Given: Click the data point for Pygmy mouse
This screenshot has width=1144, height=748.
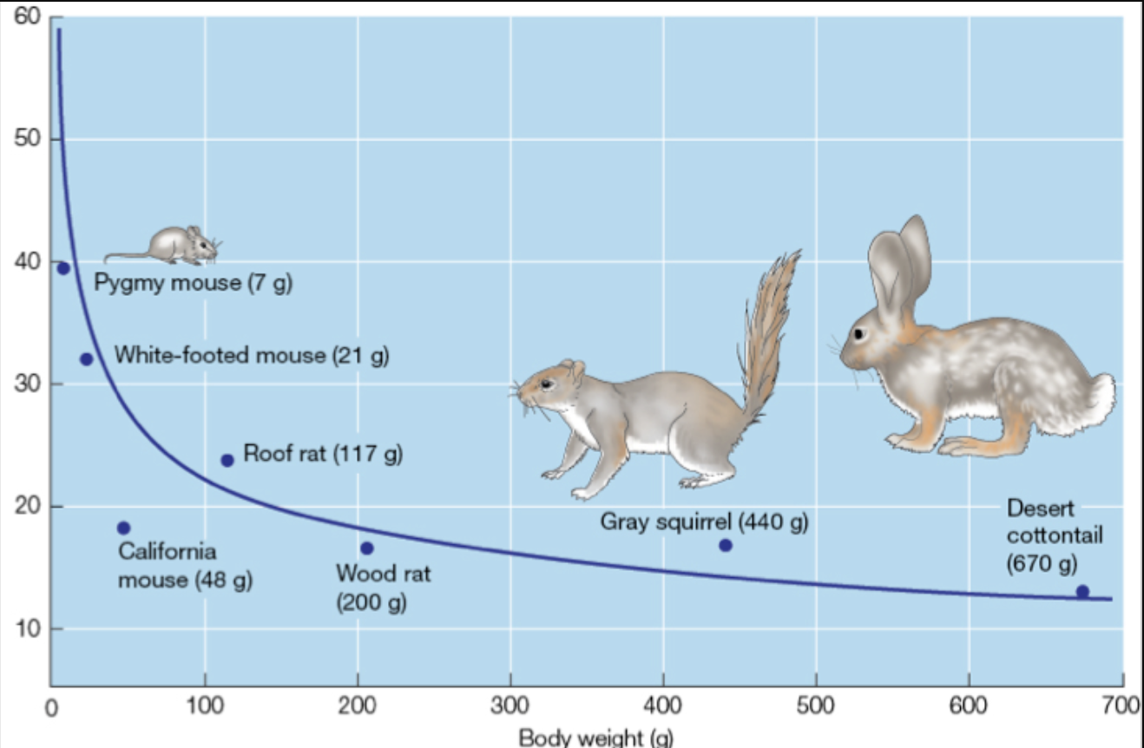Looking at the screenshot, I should coord(62,267).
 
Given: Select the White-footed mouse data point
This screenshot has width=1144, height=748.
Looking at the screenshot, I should coord(86,359).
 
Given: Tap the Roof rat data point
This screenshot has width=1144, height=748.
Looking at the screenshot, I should coord(227,460).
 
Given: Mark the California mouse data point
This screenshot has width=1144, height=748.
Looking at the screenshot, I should coord(123,528).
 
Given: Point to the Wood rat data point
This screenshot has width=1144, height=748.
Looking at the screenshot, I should coord(367,548).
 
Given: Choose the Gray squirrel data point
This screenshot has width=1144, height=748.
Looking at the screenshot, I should coord(726,545).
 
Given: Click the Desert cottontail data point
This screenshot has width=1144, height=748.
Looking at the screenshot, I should coord(1082,592).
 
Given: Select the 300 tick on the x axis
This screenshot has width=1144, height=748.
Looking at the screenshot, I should coord(510,704).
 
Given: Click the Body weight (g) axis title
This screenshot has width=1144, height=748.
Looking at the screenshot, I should coord(595,738).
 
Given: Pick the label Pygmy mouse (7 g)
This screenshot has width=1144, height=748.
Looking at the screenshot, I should coord(193,284).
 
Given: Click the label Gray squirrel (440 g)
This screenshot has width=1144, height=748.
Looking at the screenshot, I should coord(704,522).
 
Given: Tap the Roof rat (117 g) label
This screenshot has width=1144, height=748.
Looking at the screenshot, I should coord(323,453).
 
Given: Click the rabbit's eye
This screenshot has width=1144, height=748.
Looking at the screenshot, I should coord(860,333).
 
